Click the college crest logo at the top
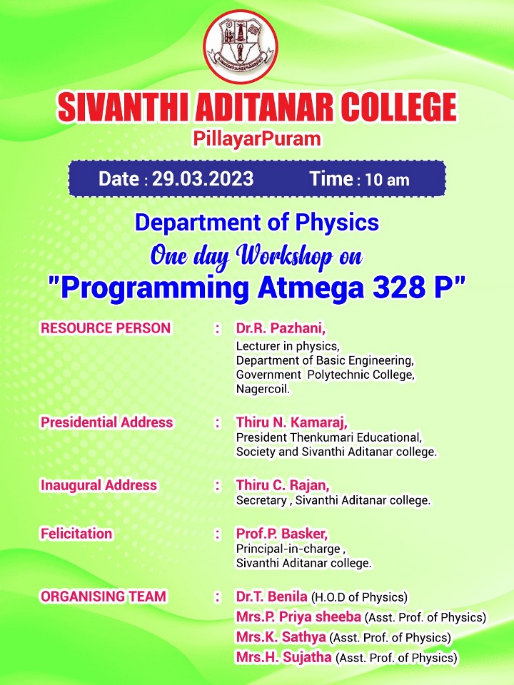[241, 46]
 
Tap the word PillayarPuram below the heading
[257, 139]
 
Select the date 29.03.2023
[203, 178]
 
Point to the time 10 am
[387, 180]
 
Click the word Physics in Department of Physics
[337, 223]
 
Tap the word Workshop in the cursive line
[286, 256]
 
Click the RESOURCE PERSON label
[106, 328]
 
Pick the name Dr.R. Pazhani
[281, 328]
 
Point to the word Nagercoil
[263, 389]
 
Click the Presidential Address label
[106, 422]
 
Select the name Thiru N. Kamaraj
[291, 422]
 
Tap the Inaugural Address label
[99, 485]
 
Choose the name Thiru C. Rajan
[283, 485]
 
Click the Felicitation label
[76, 534]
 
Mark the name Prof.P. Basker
[282, 534]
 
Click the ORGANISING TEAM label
[104, 597]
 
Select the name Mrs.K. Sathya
[281, 637]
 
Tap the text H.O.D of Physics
[359, 597]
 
